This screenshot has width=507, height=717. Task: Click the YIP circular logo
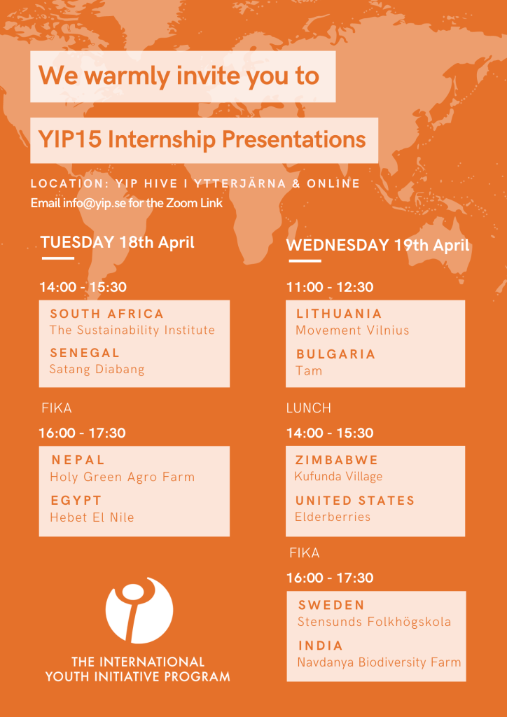point(139,610)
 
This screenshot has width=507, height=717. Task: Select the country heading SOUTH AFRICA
point(107,314)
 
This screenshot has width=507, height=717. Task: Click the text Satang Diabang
point(97,369)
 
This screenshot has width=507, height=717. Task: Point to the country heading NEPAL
point(78,459)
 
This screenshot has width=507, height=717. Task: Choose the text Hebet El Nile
point(92,517)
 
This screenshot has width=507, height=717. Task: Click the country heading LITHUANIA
point(339,314)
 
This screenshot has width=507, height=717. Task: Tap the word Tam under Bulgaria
point(309,370)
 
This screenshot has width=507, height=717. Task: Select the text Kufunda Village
point(338,476)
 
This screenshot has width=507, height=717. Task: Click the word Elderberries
point(333,517)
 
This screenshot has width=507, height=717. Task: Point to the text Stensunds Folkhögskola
point(374,622)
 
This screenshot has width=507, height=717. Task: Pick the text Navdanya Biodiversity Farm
point(379,662)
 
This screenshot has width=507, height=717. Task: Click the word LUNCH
point(309,408)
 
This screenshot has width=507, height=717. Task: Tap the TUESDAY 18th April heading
point(118,242)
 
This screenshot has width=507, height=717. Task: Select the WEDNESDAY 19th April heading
point(377,245)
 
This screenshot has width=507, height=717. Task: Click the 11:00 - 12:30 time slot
point(330,287)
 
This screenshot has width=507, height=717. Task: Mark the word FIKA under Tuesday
point(57,408)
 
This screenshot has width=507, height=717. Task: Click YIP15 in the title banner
point(69,140)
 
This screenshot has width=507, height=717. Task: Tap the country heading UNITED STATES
point(355,500)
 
